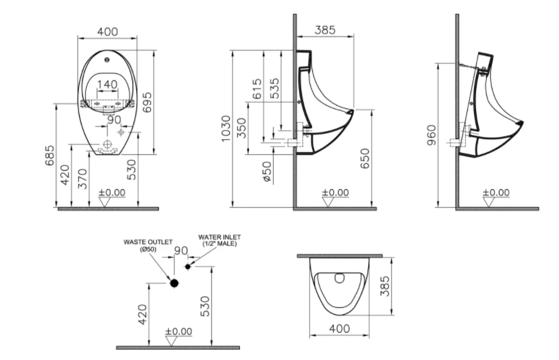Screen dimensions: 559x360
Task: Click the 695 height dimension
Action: coord(147,102)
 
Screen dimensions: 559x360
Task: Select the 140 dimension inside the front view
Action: coord(107,84)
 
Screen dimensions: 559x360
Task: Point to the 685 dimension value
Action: coord(50,155)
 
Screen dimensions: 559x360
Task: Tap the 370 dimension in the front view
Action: coord(82,179)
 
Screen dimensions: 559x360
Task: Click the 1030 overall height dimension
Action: coord(226,129)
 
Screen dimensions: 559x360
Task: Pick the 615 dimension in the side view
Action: coord(257,89)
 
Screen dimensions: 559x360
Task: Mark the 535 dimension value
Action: coord(275,88)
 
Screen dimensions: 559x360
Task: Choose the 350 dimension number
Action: coord(241,129)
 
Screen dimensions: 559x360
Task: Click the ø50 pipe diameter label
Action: coord(267,172)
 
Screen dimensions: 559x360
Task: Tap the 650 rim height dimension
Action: coord(365,158)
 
